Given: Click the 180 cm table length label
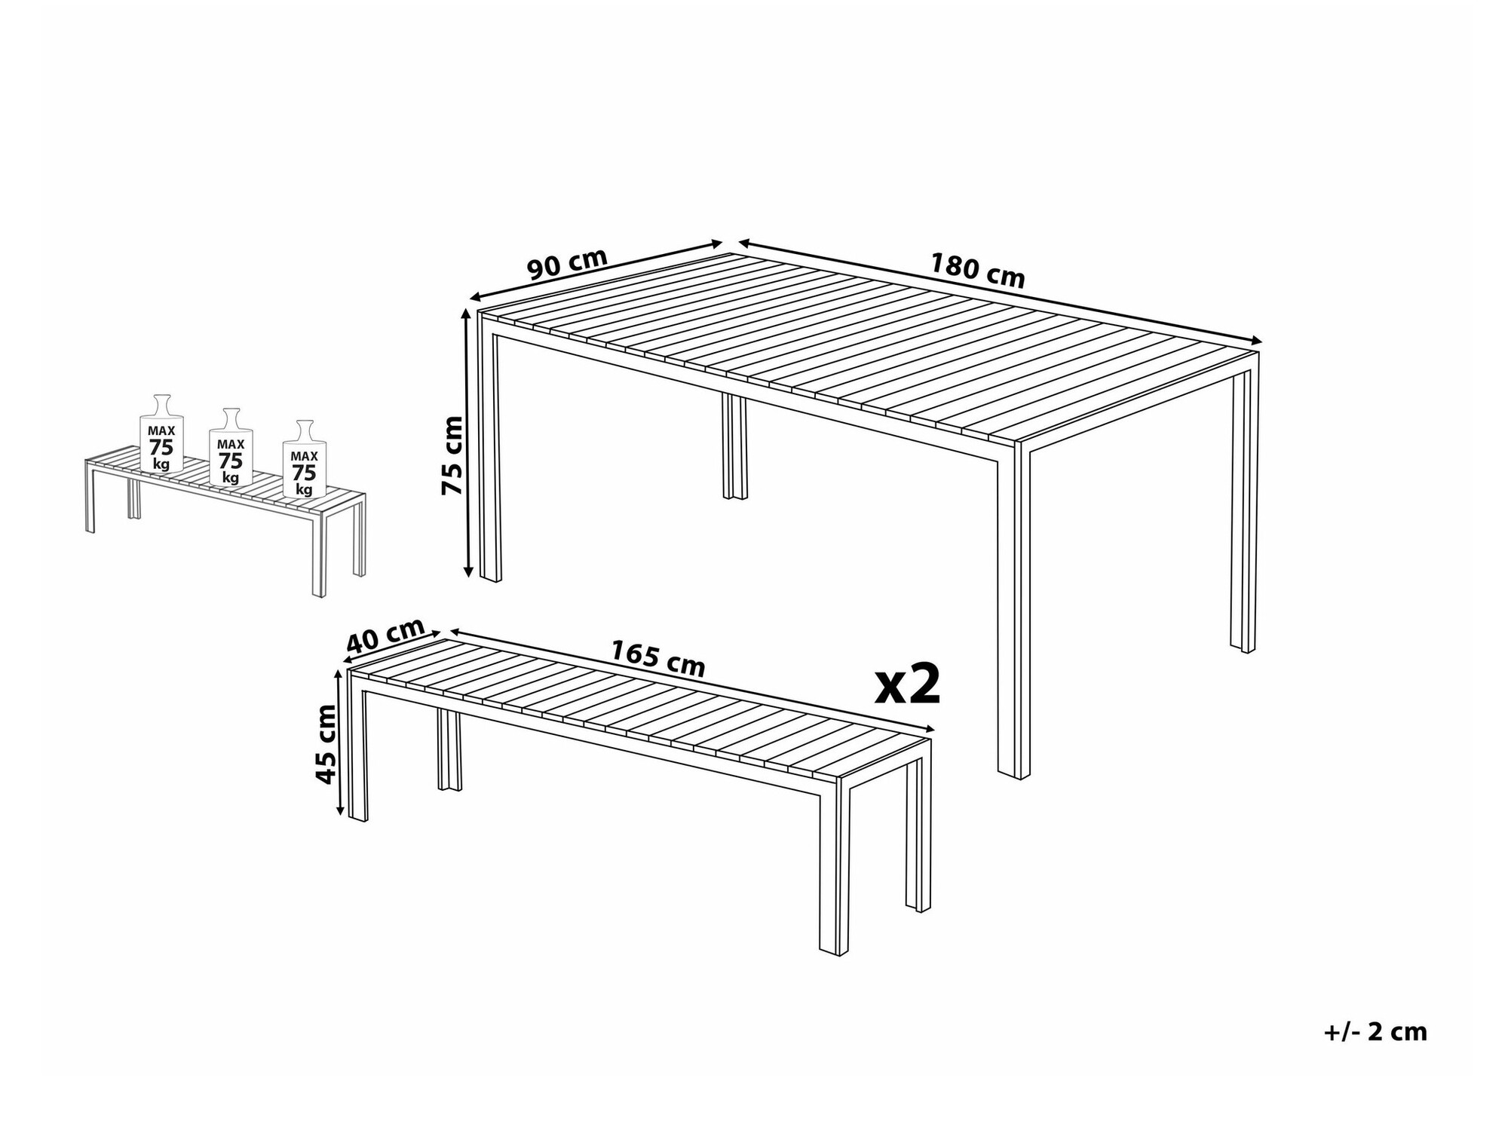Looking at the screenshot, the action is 977,271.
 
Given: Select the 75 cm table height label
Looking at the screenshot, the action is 452,455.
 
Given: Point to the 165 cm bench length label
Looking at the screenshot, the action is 657,659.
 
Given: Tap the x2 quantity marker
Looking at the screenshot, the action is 908,684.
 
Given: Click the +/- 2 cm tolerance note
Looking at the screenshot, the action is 1375,1032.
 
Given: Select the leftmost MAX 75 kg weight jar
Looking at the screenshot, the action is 161,435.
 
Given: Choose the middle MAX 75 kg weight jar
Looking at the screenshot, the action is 231,448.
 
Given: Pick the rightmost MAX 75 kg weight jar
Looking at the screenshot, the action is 304,459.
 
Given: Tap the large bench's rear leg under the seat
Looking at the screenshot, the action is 449,751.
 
